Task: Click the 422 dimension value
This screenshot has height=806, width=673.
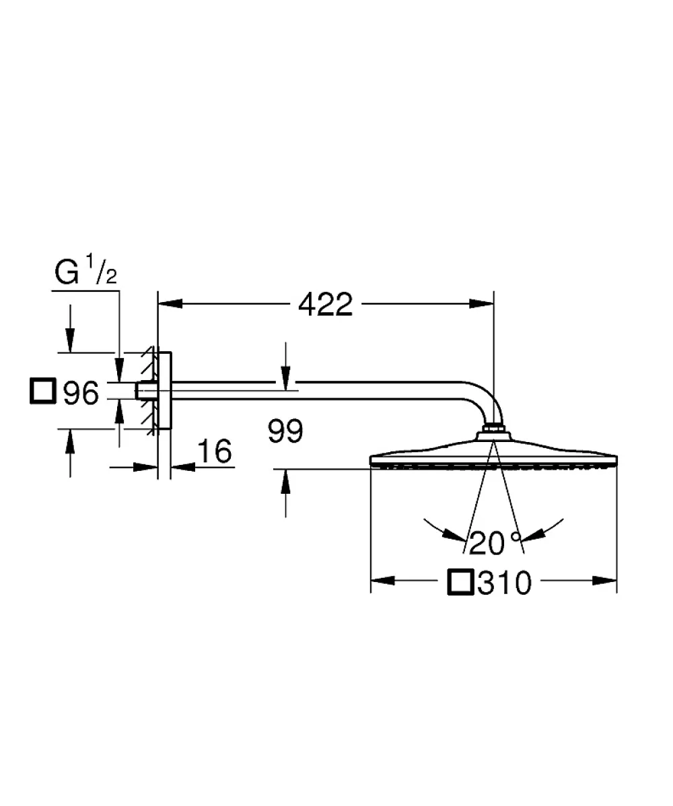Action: [326, 304]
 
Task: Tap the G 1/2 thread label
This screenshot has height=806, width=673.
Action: [86, 270]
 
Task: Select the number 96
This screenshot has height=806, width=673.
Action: [81, 393]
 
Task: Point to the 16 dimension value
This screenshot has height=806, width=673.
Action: [215, 451]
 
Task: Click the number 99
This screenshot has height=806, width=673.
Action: [285, 431]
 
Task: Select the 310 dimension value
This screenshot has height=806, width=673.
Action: [504, 583]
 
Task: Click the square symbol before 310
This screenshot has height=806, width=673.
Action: [460, 582]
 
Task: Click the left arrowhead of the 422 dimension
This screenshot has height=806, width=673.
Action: [170, 304]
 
